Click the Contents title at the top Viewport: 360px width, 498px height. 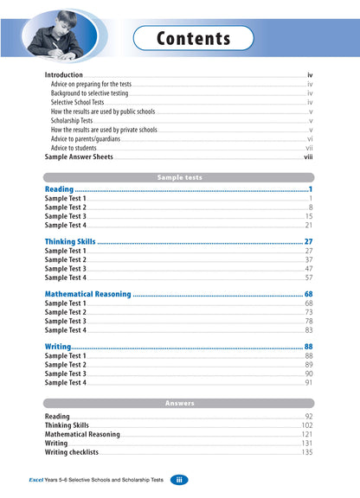coord(193,39)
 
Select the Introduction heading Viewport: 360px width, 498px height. coord(69,76)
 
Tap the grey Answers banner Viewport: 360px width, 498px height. coord(179,403)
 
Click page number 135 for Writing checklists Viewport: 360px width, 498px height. coord(306,452)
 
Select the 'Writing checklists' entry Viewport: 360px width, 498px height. coord(72,452)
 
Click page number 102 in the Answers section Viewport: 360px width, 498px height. coord(306,425)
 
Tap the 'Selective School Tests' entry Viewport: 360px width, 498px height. coord(82,103)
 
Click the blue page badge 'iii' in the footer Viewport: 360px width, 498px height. coord(177,480)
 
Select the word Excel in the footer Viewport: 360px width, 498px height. coord(37,480)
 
